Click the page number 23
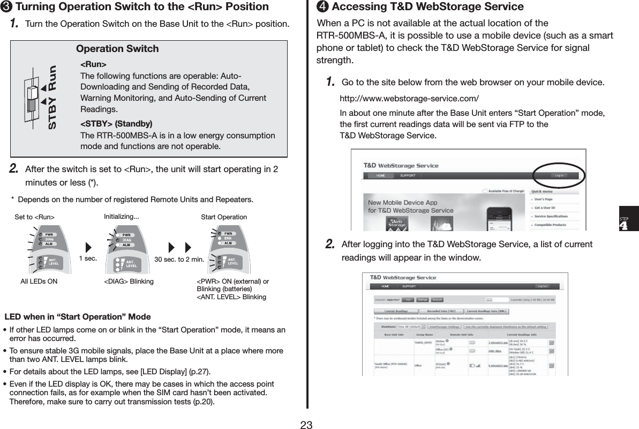coord(306,425)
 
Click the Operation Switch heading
coord(117,49)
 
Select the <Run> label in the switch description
coord(93,65)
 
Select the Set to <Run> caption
coord(34,217)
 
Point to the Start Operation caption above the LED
coord(223,217)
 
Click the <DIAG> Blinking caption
coord(129,281)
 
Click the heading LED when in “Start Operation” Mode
coord(78,316)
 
